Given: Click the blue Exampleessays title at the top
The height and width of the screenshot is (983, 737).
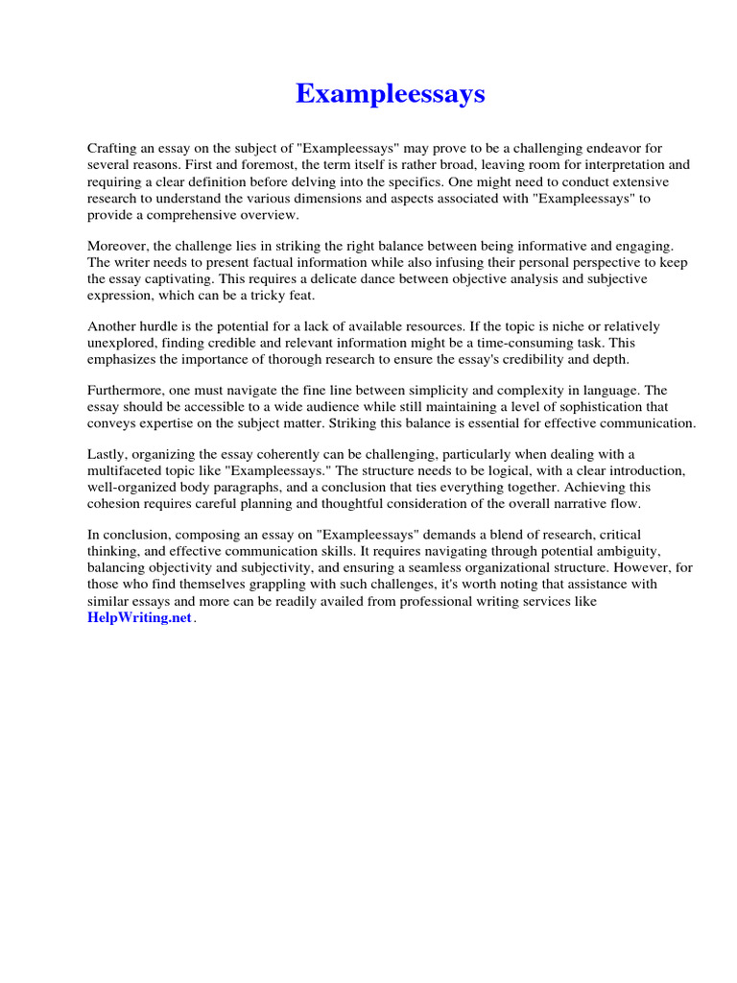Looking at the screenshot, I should [x=390, y=94].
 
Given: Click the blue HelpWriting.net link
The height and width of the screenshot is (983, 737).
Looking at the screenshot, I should [x=140, y=618].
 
